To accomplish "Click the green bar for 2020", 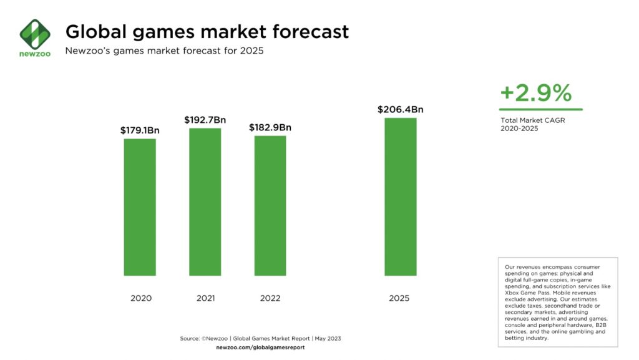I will point(140,207).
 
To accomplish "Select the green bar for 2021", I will point(205,202).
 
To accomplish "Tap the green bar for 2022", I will point(270,205).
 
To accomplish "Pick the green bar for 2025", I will point(400,197).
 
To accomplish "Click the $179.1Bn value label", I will point(140,131).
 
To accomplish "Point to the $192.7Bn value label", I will point(205,120).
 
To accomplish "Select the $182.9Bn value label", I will point(270,127).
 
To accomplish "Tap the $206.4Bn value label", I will point(400,110).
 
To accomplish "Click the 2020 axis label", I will point(140,298).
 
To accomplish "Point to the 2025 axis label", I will point(399,298).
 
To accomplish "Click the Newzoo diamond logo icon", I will point(34,32).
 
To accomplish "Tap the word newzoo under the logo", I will point(34,54).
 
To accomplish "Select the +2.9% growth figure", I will point(535,94).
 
